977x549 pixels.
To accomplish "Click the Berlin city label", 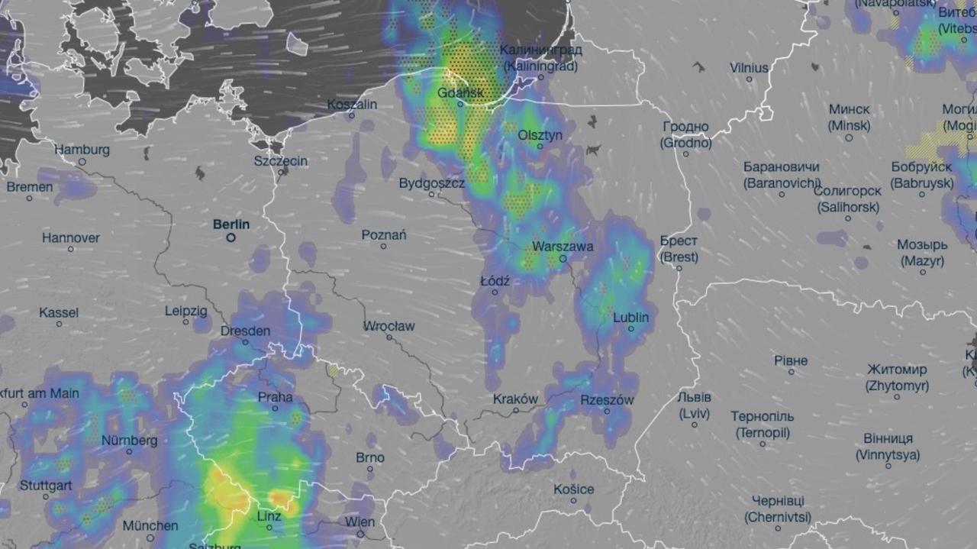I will coord(231,224).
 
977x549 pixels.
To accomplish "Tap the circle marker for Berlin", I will coord(231,238).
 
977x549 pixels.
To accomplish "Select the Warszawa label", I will coord(563,247).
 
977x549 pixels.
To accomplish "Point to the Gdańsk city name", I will coord(461,94).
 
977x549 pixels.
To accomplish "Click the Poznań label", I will coord(384,235).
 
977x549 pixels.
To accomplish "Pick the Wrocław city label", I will coord(389,327).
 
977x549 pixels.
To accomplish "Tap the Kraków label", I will coord(515,399).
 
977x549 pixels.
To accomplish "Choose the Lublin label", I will coord(631,317).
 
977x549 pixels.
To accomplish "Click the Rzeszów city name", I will coord(608,399).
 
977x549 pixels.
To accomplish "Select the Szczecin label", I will coord(281,161).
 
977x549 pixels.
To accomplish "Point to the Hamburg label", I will coord(82,150).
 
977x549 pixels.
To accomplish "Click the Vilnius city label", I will coord(749,68).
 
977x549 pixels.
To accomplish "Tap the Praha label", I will coord(275,397).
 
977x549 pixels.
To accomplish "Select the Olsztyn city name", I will coord(540,135).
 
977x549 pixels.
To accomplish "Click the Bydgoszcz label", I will coord(432,183).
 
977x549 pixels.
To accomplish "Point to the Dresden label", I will coord(245,331).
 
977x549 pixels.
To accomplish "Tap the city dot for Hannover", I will coord(71,249).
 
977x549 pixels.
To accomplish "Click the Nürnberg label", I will coord(130,441).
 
